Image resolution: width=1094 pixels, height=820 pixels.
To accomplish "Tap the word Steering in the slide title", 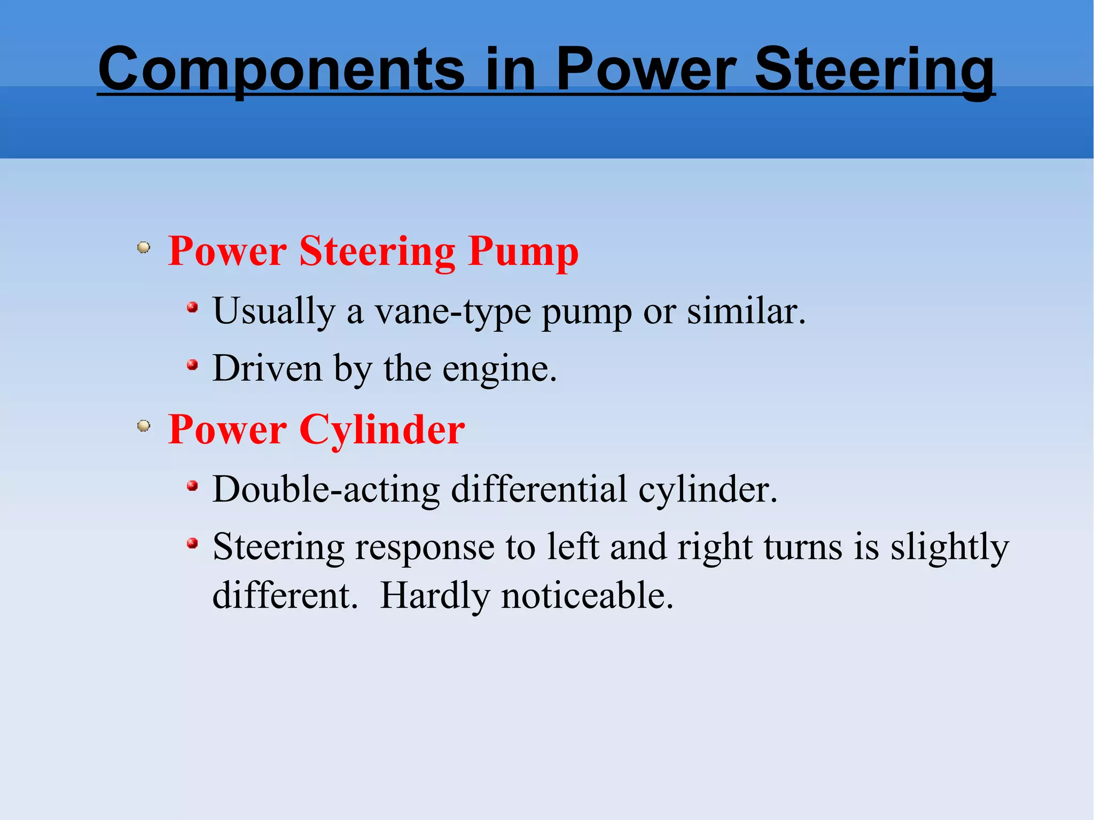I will (874, 69).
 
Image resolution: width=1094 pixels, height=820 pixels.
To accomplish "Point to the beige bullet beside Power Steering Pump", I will (143, 248).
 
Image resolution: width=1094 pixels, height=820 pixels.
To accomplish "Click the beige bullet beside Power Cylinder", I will (143, 426).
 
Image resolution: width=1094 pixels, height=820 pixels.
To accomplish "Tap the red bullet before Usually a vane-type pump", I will (192, 308).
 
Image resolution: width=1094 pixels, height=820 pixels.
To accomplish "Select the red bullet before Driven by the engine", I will (192, 365).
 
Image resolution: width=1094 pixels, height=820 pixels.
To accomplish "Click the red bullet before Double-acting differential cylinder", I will (192, 486).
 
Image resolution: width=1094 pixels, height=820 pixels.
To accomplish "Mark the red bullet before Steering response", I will (192, 544).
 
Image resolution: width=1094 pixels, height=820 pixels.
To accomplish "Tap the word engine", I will (499, 370).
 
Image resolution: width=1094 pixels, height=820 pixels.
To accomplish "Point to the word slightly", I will (949, 548).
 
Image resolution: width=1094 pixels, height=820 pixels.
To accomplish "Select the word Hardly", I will (434, 596).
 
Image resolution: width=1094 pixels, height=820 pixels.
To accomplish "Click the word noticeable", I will (587, 596).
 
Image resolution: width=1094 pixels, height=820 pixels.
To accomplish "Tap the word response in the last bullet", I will (425, 548).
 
